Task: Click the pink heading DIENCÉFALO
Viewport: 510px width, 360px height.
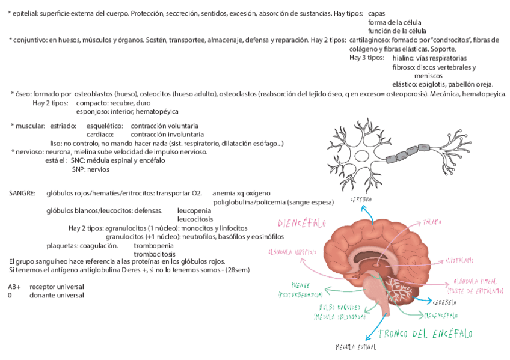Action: (x=301, y=223)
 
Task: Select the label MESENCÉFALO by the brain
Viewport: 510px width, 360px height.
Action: (x=441, y=315)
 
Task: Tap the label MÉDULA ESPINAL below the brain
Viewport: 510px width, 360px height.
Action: (x=355, y=347)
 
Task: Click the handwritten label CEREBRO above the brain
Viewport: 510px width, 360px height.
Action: (x=361, y=198)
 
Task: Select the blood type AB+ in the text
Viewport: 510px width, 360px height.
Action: (x=15, y=287)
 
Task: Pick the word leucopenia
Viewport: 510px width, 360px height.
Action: (x=194, y=211)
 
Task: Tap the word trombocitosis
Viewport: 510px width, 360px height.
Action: (x=154, y=254)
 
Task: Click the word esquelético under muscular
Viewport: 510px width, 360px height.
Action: (x=104, y=126)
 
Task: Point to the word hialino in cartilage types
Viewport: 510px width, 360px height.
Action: (x=405, y=58)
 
